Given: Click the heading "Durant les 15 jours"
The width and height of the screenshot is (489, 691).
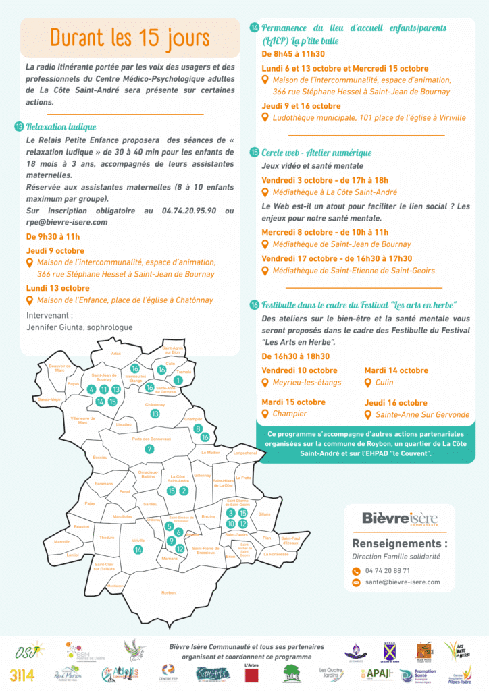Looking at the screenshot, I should (129, 37).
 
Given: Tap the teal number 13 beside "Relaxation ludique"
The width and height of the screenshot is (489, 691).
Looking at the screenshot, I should (19, 127).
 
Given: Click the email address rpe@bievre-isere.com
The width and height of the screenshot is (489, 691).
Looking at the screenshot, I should (67, 222).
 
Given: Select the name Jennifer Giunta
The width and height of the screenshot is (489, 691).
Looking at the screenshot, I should (79, 327).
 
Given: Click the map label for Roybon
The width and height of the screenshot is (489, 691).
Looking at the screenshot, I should (168, 592).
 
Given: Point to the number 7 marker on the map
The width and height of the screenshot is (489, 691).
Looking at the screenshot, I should (149, 449).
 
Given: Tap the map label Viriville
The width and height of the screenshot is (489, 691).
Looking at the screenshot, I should (138, 541).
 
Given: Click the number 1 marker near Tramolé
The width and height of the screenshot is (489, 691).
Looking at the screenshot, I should (178, 381).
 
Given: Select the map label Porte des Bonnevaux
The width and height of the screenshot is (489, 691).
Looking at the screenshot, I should (151, 439).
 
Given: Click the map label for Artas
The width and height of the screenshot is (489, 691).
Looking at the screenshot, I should (116, 353).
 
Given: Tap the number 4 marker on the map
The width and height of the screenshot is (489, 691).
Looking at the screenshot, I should (91, 389).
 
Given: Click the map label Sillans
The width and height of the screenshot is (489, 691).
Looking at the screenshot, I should (264, 514).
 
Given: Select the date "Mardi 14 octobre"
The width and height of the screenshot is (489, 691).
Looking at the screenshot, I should (396, 370).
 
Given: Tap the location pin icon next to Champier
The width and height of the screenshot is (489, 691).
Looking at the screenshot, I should (266, 414).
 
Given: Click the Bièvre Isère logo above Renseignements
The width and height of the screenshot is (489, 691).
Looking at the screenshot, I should (400, 519).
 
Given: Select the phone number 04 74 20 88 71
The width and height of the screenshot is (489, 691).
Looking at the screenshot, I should (387, 570).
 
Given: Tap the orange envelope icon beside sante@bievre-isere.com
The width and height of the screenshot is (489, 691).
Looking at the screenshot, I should (356, 582).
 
